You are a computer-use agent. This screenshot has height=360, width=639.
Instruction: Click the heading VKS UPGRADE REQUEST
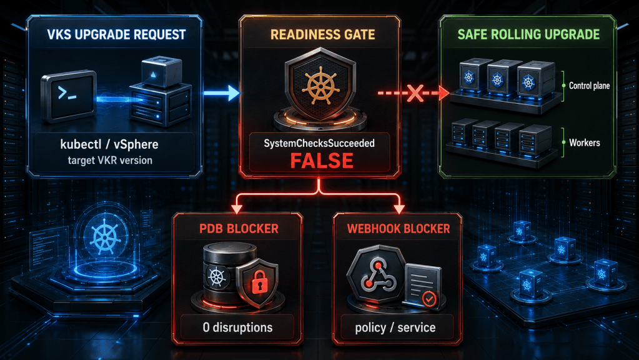[117, 34]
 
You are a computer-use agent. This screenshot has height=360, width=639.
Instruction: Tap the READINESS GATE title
[323, 34]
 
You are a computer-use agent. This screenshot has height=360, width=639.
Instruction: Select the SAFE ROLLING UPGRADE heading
[528, 34]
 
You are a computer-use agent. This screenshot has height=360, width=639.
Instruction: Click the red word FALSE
[322, 161]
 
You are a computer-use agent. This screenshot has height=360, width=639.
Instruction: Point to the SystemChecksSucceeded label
[319, 143]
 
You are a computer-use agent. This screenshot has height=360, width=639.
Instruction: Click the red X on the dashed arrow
[415, 93]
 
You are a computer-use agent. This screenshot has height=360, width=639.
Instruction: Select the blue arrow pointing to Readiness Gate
[222, 93]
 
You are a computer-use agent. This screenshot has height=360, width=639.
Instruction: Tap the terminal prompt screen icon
[69, 96]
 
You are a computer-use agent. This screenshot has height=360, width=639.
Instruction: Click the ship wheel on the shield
[320, 86]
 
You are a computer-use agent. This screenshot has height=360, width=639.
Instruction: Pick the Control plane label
[589, 86]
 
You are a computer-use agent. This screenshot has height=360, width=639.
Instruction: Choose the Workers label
[585, 142]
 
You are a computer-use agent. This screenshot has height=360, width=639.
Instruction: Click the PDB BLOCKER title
[239, 229]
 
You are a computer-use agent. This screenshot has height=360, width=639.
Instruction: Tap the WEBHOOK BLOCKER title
[399, 229]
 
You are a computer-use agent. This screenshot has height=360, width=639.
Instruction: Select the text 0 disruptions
[237, 327]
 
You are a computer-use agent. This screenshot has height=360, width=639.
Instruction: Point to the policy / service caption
[395, 327]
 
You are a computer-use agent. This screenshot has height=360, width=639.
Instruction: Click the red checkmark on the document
[428, 299]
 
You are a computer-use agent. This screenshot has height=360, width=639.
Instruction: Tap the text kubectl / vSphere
[109, 144]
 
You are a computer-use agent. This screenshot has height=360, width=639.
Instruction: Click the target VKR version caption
[110, 160]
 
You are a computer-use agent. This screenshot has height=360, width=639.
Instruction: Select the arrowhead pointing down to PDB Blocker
[237, 209]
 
